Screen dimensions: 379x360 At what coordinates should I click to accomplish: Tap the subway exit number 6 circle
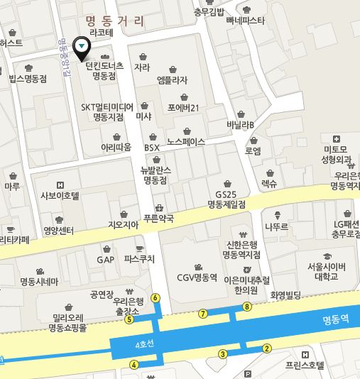(x=156, y=297)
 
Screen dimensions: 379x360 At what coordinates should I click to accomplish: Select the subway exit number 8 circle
(x=247, y=307)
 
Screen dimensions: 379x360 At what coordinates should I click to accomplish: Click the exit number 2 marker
(x=267, y=348)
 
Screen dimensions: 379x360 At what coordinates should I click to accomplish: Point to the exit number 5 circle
(x=129, y=319)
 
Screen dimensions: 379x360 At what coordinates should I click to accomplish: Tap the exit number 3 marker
(x=222, y=353)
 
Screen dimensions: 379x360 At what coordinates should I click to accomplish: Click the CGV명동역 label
(x=197, y=278)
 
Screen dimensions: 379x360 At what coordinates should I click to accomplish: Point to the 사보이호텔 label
(x=60, y=194)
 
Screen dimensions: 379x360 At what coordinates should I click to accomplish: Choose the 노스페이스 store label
(x=186, y=141)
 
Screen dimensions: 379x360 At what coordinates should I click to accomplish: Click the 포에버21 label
(x=183, y=108)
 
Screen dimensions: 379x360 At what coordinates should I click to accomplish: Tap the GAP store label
(x=105, y=259)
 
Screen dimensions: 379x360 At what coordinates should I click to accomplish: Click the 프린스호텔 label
(x=304, y=366)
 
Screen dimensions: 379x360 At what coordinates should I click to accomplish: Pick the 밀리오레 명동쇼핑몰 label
(x=67, y=323)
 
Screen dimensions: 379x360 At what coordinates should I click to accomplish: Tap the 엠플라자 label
(x=172, y=80)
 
